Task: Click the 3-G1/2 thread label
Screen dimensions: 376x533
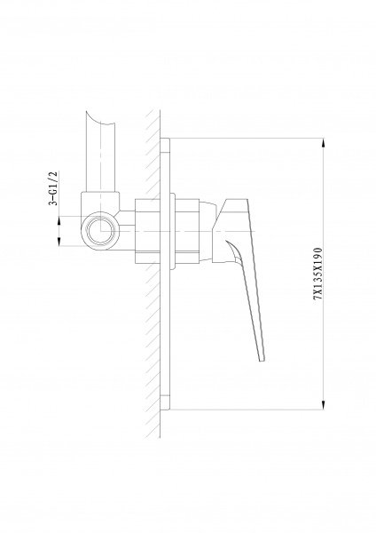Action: [x=53, y=188]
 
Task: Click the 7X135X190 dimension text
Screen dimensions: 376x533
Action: [x=318, y=274]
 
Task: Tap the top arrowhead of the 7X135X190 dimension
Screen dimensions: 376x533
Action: [x=323, y=143]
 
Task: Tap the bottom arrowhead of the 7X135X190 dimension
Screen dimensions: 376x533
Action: [x=323, y=405]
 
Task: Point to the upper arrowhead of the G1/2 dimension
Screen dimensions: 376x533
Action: [x=59, y=220]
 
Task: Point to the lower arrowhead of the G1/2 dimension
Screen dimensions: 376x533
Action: [x=59, y=241]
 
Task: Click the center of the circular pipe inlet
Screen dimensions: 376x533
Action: [x=101, y=231]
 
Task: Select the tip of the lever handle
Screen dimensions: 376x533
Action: [x=262, y=361]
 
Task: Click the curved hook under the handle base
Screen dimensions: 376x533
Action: [x=236, y=251]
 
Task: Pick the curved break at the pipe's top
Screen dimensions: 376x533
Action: [x=101, y=119]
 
